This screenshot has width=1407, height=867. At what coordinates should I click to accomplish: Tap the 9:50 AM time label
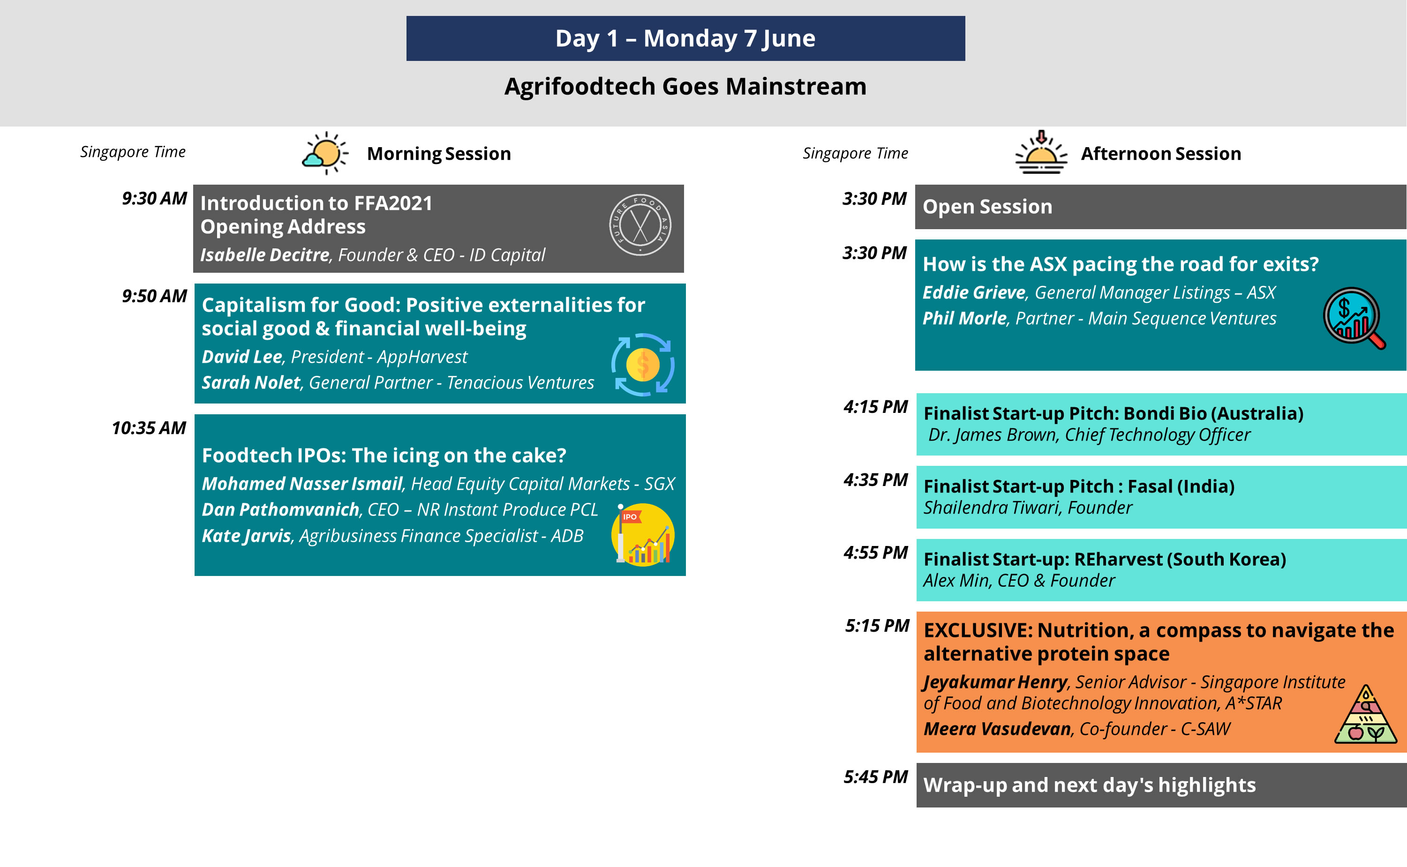154,296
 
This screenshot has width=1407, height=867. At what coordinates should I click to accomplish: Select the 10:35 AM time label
149,428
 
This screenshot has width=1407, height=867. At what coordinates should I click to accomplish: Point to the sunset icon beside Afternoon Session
1041,152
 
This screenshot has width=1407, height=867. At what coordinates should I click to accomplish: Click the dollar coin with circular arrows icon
642,365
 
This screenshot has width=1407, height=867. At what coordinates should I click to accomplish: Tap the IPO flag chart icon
643,534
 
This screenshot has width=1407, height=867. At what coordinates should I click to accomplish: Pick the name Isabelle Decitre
265,254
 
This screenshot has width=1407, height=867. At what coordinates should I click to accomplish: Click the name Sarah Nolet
251,382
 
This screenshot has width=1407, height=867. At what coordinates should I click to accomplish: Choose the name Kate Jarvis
247,536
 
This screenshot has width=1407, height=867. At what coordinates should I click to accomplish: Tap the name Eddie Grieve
974,292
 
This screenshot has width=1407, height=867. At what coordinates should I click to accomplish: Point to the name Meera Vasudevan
997,729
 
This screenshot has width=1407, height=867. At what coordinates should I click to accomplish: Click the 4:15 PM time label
875,406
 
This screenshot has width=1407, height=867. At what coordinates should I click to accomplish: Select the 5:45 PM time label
875,777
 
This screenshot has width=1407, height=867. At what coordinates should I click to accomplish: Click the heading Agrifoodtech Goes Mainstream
685,87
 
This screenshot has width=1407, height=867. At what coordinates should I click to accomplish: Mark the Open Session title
988,206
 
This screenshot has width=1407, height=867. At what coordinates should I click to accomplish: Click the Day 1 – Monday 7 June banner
685,38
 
